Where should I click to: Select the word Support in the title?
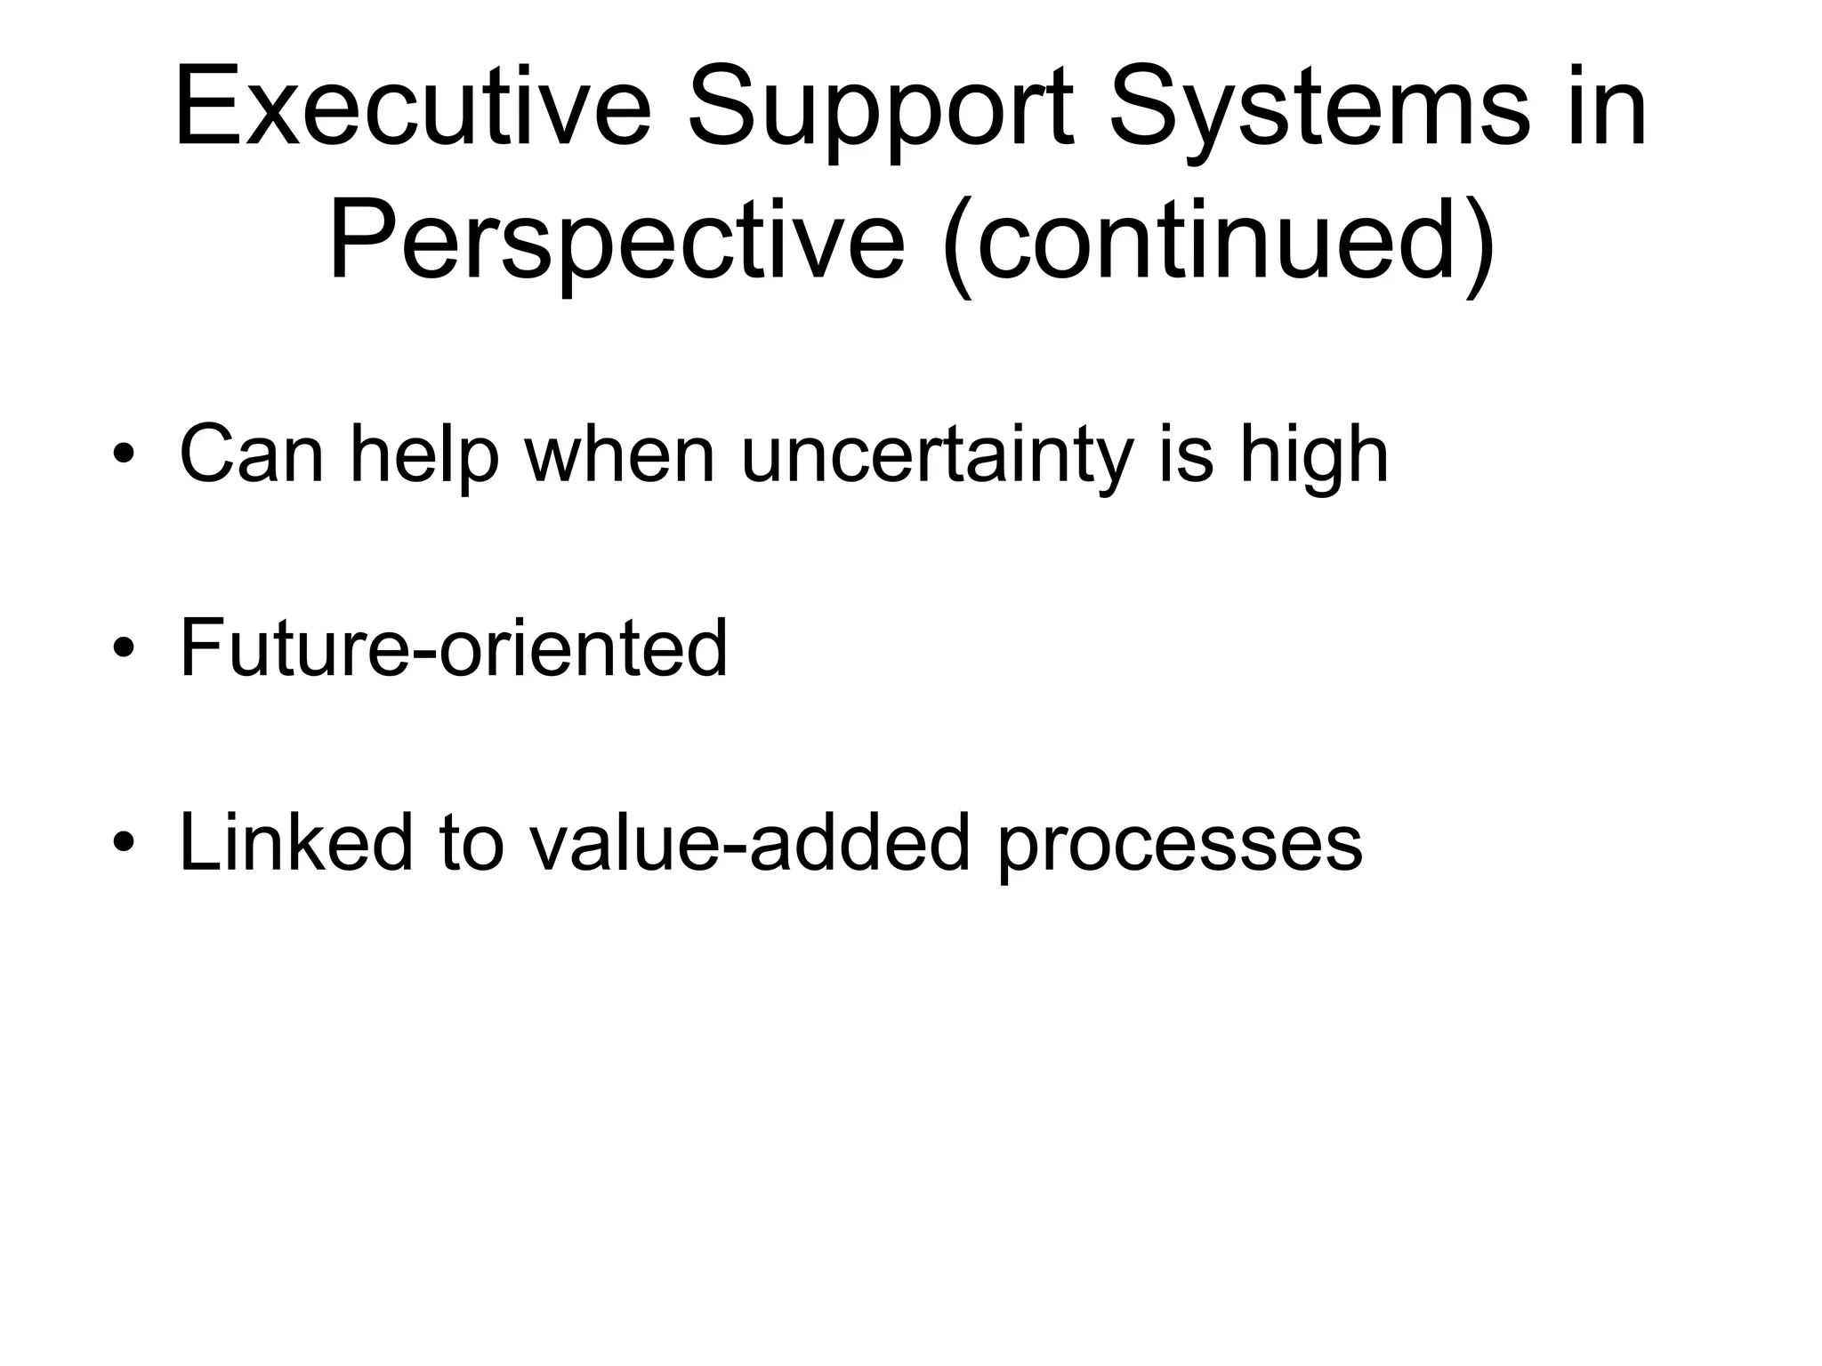[881, 111]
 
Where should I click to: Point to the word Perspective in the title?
[617, 242]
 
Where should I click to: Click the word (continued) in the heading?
[1218, 242]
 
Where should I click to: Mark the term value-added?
[749, 842]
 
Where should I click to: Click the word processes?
[1179, 842]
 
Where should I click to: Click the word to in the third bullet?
[472, 842]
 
